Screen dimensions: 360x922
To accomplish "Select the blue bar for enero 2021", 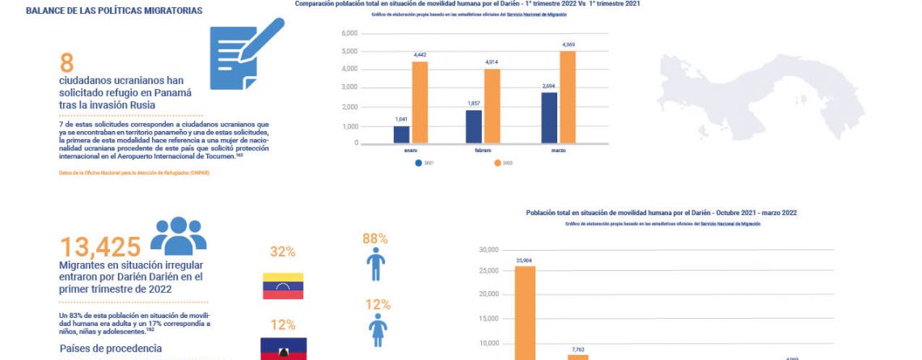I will pos(401,134).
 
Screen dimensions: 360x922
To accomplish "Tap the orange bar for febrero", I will pos(492,106).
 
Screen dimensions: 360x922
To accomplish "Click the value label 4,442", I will pos(420,55).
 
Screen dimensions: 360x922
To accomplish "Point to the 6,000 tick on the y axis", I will pos(349,34).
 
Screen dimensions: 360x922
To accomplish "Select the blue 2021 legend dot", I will pos(418,163).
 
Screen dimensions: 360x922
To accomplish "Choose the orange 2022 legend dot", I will pos(497,163).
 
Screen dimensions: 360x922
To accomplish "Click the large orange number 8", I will pos(66,64).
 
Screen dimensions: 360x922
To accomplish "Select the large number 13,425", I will pos(100,246).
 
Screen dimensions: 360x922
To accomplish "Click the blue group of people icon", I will pos(178,235).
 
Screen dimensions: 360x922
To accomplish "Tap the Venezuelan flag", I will pos(283,286).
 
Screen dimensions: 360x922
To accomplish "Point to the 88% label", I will pos(375,239).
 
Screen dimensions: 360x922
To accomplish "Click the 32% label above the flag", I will pos(282,252).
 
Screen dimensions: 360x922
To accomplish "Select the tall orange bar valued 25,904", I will pos(525,312).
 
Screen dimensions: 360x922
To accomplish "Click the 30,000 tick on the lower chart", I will pos(487,250).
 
